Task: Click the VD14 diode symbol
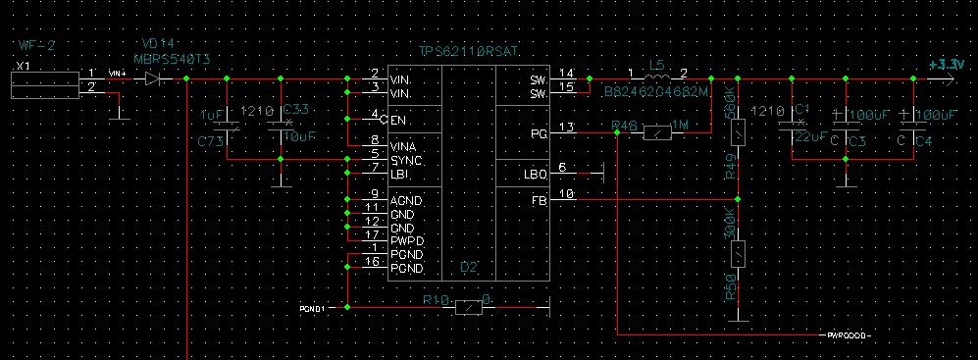pyautogui.click(x=152, y=77)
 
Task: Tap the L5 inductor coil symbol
pyautogui.click(x=658, y=77)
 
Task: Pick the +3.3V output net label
pyautogui.click(x=943, y=64)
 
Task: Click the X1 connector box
pyautogui.click(x=43, y=84)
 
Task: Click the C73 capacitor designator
pyautogui.click(x=210, y=141)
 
